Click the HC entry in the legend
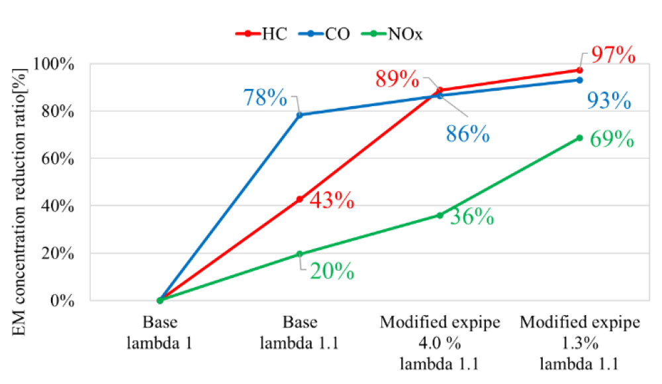tap(263, 34)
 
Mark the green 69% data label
tap(612, 141)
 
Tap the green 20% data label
tap(332, 271)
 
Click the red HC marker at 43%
tap(299, 199)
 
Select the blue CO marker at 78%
tap(299, 115)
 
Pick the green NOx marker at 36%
tap(440, 216)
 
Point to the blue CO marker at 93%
tap(580, 80)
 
